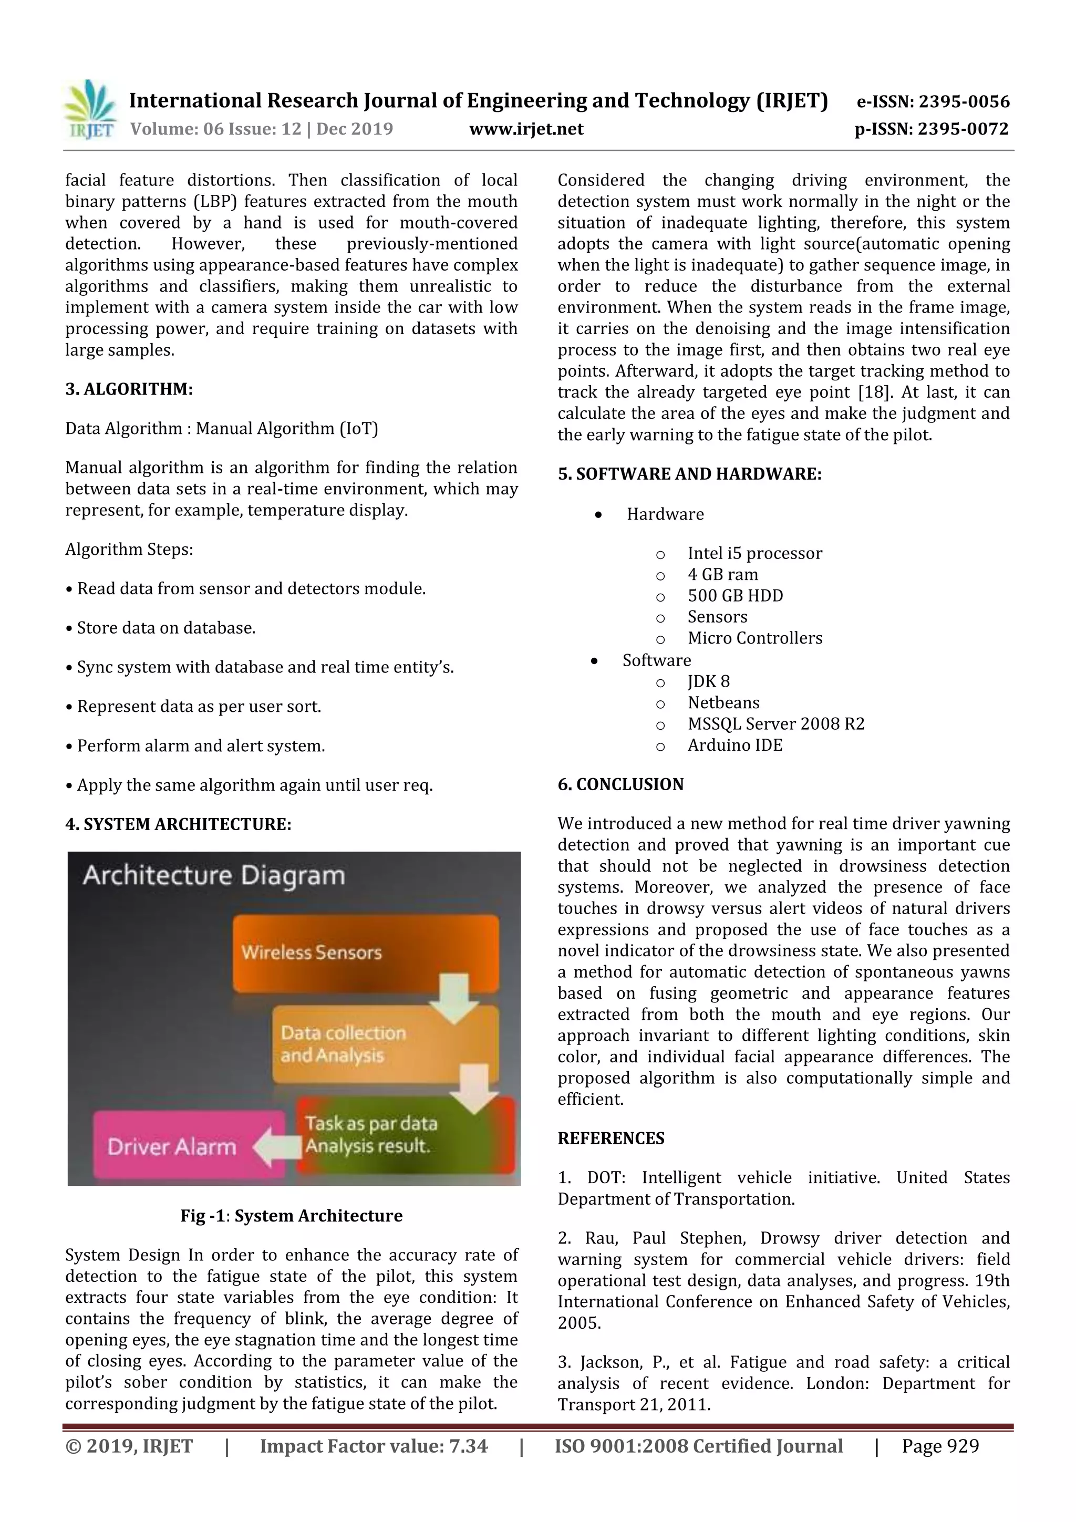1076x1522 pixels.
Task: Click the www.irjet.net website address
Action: [x=526, y=129]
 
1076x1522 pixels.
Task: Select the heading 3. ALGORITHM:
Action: [x=129, y=389]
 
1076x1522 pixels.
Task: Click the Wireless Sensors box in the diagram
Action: [x=365, y=952]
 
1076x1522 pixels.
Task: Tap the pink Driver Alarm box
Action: [x=172, y=1147]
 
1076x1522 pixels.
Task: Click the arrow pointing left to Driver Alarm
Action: [x=276, y=1147]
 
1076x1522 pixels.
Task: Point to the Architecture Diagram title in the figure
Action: [x=213, y=876]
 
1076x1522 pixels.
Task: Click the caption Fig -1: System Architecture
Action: [x=292, y=1216]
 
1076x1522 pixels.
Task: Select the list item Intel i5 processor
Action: [x=754, y=554]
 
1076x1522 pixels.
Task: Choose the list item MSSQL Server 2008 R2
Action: [x=775, y=724]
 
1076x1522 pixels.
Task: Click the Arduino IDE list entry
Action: [x=734, y=745]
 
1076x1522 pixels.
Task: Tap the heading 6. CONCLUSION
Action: [x=620, y=784]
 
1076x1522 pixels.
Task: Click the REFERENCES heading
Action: [x=611, y=1138]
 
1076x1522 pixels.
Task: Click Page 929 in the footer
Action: [x=939, y=1446]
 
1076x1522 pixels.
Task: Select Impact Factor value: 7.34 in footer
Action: [x=373, y=1446]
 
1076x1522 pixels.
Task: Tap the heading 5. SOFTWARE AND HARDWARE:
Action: [x=689, y=474]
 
